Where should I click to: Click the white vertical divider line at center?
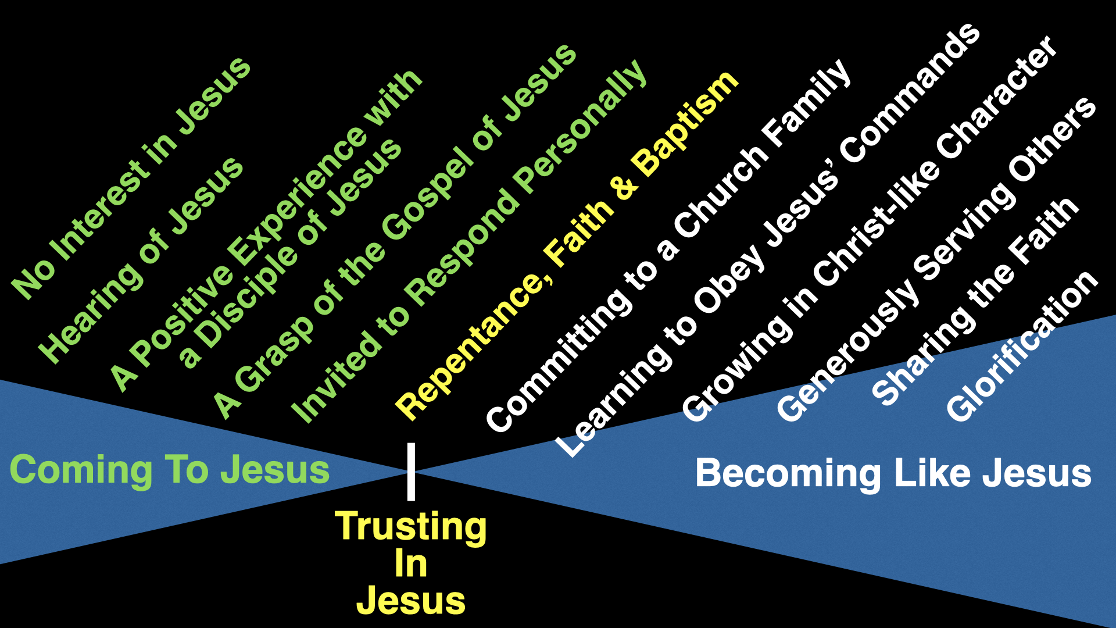click(x=411, y=472)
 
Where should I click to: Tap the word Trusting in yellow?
click(x=410, y=527)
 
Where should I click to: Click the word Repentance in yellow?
click(x=473, y=343)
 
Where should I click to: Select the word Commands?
click(x=910, y=93)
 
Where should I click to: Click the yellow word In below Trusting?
click(x=410, y=564)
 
